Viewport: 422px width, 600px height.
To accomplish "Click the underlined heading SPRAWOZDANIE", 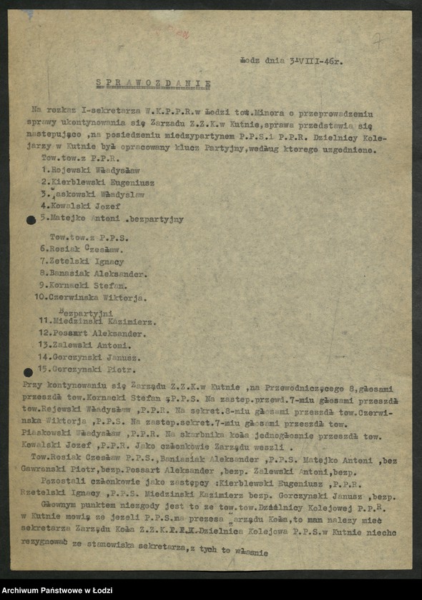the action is coord(154,83).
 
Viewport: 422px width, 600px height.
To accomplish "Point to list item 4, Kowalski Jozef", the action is coord(80,206).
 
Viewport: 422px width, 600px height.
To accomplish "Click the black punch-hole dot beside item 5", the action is coord(31,219).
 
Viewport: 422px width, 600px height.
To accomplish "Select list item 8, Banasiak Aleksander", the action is coord(94,273).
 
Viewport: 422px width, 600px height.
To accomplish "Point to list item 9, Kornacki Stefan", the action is coord(84,285).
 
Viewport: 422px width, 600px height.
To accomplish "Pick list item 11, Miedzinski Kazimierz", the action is coord(97,322).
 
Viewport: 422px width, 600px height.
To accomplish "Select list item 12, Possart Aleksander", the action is coord(92,334).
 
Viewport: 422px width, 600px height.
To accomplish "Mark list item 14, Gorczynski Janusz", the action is coord(89,358).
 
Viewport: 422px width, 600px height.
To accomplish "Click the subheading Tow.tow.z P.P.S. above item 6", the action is coord(79,235).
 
